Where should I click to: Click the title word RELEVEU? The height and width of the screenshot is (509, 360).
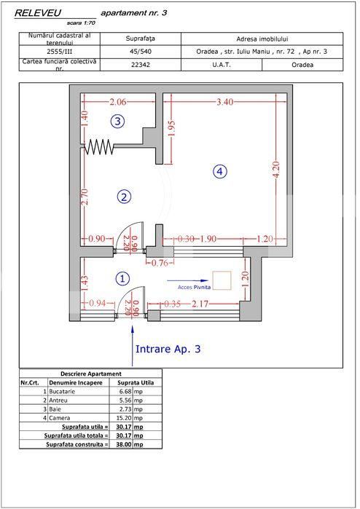pos(38,12)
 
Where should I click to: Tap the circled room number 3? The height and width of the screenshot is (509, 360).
pos(117,121)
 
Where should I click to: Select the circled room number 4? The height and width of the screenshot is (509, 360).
pos(219,171)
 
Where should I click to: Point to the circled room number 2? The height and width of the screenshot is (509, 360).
pos(125,197)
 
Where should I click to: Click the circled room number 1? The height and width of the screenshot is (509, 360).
pos(122,278)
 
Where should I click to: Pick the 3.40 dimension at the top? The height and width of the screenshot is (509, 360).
pos(225,103)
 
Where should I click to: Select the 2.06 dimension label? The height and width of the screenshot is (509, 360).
pos(118,103)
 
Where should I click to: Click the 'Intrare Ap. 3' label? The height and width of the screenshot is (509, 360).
pos(168,349)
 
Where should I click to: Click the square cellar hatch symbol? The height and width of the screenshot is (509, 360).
pos(222,280)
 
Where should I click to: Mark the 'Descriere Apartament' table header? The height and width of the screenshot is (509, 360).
pos(90,373)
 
